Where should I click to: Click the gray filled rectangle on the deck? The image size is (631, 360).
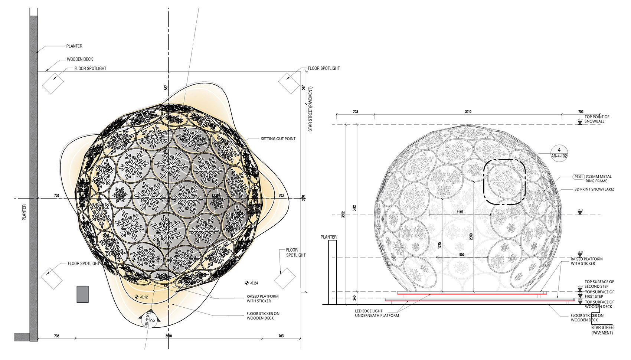pos(82,294)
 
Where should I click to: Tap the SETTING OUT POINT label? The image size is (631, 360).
pos(278,139)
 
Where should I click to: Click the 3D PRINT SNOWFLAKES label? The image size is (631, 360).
pos(594,189)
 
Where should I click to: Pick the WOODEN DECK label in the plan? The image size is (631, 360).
pos(80,59)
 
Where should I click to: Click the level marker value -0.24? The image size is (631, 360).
pos(254,283)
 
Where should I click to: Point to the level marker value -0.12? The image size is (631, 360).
pos(143,297)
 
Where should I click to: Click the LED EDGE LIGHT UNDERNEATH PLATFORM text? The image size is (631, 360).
pos(377,313)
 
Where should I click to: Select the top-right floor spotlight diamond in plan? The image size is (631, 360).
pos(289,83)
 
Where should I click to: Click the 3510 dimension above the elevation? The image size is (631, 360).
pos(468,112)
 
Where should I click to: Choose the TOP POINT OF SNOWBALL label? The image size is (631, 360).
pos(596,119)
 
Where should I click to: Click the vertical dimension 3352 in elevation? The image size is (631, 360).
pos(343,214)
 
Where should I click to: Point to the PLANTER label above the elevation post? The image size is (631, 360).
pos(328,237)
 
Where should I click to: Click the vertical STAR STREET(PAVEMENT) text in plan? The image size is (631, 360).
pos(310,109)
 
